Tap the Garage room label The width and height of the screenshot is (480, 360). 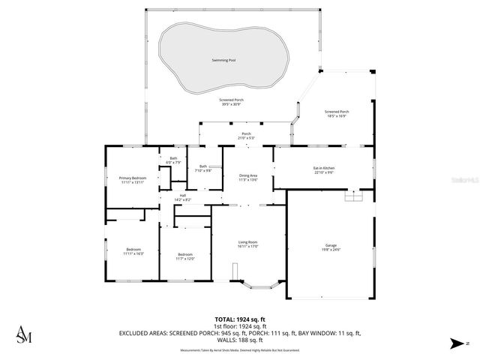click(x=331, y=245)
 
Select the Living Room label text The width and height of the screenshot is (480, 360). click(x=248, y=242)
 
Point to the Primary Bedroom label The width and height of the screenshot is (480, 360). click(x=133, y=178)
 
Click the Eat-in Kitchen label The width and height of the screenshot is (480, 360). click(x=323, y=168)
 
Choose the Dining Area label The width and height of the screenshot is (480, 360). click(x=248, y=175)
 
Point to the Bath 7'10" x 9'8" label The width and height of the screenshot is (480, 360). click(x=202, y=168)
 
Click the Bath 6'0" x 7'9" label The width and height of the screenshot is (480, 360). click(x=173, y=160)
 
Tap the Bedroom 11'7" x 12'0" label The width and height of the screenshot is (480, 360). click(x=185, y=256)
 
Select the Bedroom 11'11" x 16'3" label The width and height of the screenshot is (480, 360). click(x=133, y=251)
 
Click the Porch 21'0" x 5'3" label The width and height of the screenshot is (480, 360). click(x=246, y=136)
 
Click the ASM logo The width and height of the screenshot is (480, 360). click(x=24, y=336)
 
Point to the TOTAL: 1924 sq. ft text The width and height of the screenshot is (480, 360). click(x=239, y=319)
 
